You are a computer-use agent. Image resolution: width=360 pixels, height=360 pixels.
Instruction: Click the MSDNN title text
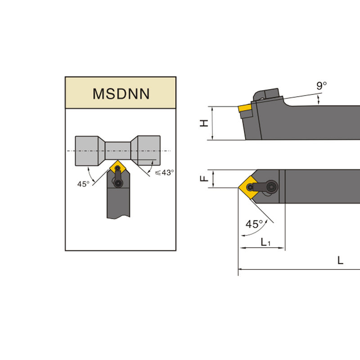click(121, 94)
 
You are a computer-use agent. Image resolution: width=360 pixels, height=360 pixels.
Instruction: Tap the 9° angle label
click(321, 85)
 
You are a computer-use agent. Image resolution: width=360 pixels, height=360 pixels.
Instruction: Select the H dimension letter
click(204, 123)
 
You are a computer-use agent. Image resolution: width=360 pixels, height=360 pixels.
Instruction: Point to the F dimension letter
click(204, 178)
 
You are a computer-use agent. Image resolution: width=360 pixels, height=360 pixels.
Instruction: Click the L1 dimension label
click(265, 242)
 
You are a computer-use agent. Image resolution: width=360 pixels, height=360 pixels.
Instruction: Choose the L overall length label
click(340, 261)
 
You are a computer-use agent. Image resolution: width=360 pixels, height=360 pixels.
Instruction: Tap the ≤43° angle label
click(164, 172)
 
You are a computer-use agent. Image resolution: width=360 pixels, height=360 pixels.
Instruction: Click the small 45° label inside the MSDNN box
click(83, 184)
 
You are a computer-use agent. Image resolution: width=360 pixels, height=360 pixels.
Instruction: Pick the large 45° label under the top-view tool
click(254, 224)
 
